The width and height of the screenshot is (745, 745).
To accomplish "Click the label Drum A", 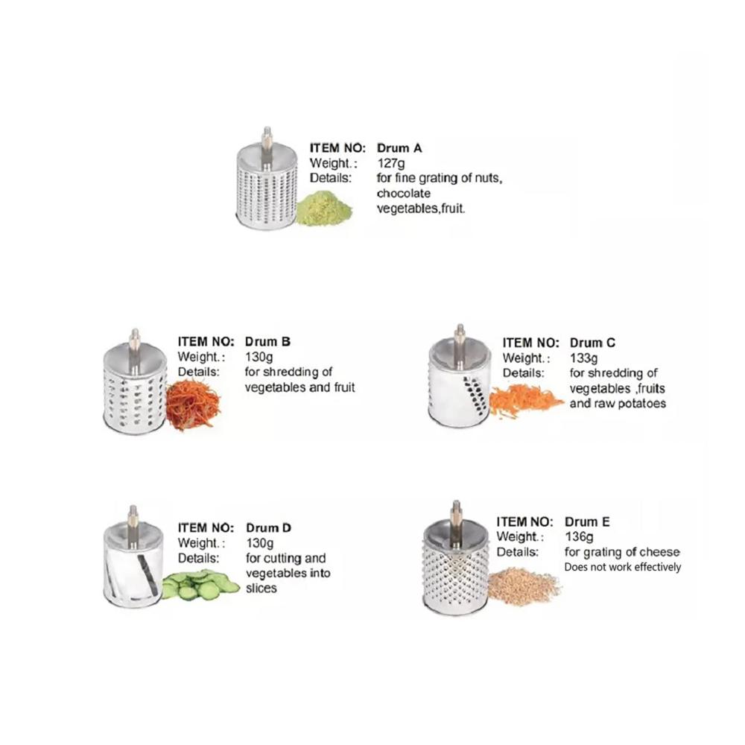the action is pos(399,148).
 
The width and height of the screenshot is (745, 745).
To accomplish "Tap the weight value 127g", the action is pos(391,163).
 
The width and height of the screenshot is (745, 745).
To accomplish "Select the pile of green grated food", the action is pos(323,208).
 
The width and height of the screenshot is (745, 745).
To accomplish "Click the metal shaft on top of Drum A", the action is pos(267,147).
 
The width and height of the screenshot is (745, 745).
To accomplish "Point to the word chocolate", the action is pos(403,194).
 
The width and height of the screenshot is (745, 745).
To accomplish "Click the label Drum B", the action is pos(267,342).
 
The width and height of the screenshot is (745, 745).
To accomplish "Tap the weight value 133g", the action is pos(583,358).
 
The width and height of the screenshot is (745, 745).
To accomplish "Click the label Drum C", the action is pos(592,343).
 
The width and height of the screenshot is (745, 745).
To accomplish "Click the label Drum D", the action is pos(268,528).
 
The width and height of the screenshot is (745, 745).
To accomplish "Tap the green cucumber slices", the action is pos(200,585).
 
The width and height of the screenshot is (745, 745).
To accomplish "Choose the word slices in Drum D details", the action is pos(261,589).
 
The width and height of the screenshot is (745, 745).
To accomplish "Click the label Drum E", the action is pos(587,521).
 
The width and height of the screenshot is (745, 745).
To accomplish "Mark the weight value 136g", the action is pos(579,537).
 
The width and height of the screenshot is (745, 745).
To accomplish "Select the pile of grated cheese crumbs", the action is pos(524,586).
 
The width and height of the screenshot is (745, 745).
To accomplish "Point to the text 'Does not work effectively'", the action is pos(622,567).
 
